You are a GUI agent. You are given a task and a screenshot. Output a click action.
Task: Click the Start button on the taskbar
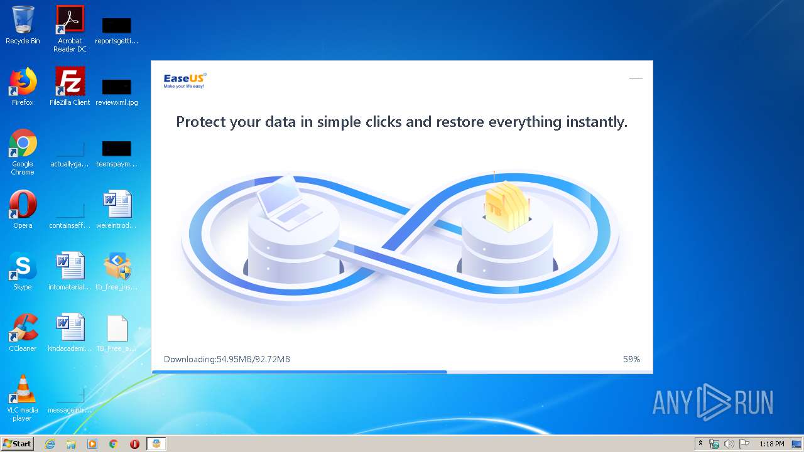click(x=17, y=444)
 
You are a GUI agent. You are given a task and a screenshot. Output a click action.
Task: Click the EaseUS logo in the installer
click(x=185, y=80)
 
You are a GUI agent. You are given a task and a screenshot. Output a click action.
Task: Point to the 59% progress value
click(x=631, y=359)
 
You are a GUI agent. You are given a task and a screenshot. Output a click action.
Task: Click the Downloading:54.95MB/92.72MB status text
click(x=227, y=359)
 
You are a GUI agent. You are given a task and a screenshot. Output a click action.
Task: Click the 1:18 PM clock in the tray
click(x=771, y=444)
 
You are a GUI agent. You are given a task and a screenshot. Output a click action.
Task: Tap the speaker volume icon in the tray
click(x=729, y=444)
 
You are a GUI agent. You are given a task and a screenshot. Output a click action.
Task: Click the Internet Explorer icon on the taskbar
click(x=50, y=444)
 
